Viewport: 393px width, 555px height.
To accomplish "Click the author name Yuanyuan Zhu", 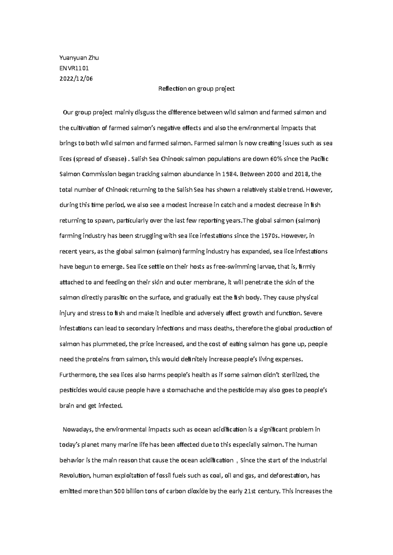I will pyautogui.click(x=79, y=58).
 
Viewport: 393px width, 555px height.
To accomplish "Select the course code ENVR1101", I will pyautogui.click(x=74, y=68).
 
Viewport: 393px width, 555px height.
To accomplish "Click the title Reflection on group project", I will pyautogui.click(x=196, y=89).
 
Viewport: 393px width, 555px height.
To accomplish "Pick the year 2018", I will pyautogui.click(x=302, y=174).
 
